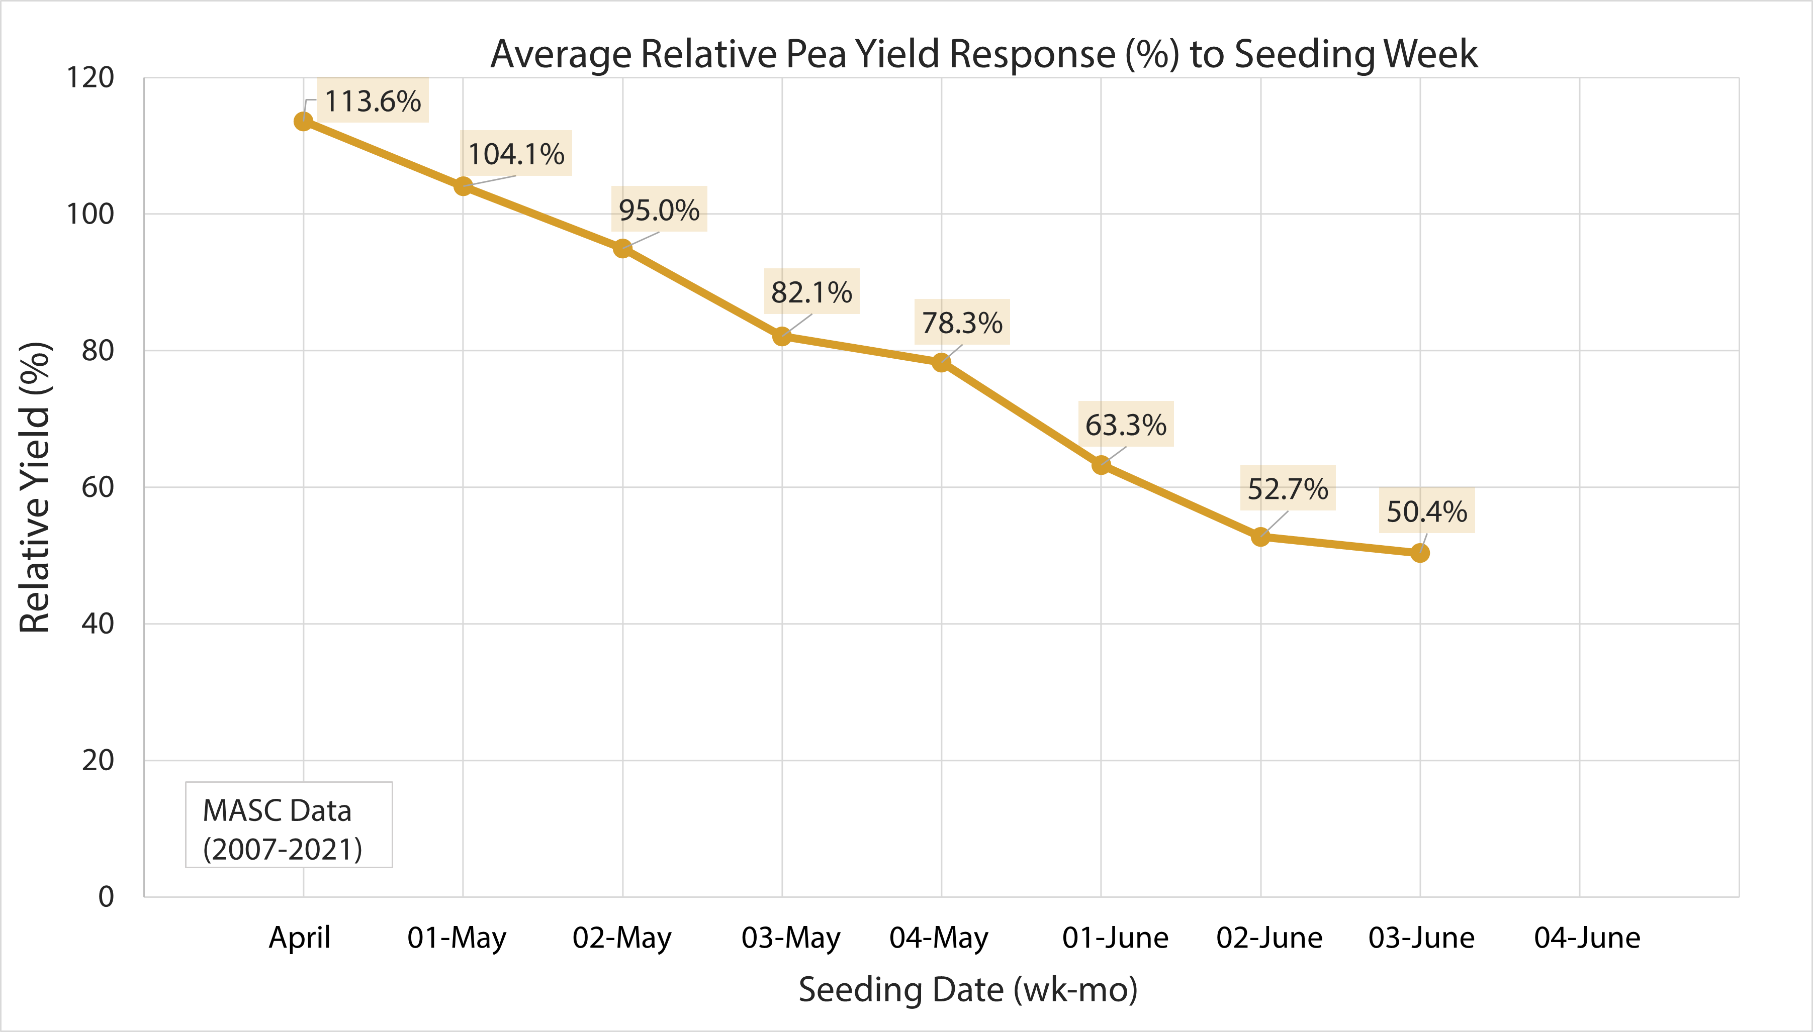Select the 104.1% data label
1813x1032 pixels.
pos(516,153)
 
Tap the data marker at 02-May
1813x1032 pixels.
pos(622,248)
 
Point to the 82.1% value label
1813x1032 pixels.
pos(811,291)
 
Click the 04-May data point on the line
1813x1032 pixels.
pos(941,363)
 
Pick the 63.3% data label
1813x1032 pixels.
pos(1126,425)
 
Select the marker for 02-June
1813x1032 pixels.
pos(1260,537)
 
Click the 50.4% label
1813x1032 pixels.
pos(1426,510)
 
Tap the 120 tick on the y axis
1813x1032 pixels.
pos(90,77)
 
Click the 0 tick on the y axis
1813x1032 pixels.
pos(106,897)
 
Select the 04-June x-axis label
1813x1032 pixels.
pos(1587,938)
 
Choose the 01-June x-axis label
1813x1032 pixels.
pos(1115,938)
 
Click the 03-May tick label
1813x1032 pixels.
pos(790,938)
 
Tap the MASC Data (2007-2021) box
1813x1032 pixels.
pos(289,825)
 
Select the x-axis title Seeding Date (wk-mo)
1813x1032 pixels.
pos(968,989)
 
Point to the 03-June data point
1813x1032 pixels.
pos(1419,552)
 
